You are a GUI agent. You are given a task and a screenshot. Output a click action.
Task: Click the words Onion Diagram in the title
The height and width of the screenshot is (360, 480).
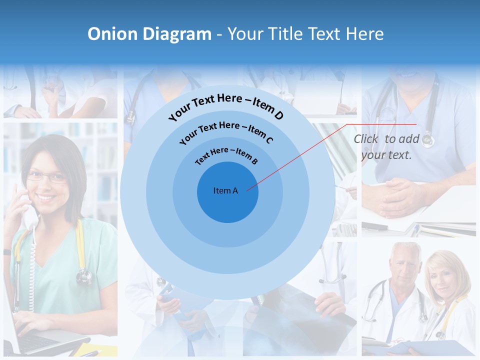[149, 34]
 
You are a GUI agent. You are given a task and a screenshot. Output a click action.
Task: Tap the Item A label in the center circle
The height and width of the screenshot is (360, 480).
[225, 190]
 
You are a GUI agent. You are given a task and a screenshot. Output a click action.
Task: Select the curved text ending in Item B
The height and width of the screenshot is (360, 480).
[226, 156]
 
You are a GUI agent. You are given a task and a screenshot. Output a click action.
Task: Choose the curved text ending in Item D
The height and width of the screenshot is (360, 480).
[226, 106]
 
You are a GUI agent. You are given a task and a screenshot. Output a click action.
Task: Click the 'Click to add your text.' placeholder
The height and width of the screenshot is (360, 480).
[386, 147]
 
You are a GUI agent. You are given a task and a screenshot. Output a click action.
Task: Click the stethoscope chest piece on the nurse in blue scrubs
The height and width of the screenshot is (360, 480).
[427, 140]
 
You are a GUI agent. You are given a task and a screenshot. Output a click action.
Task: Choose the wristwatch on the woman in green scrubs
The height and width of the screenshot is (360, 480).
[7, 252]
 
